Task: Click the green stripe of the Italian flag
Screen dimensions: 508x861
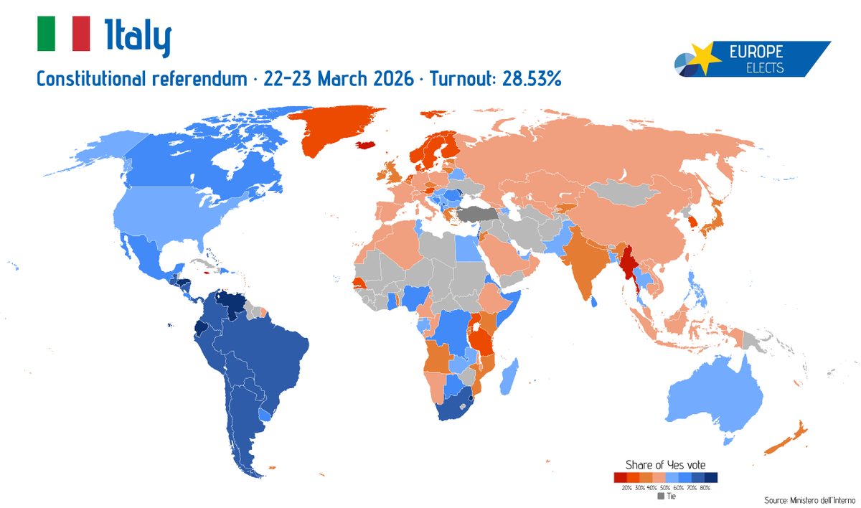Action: [46, 34]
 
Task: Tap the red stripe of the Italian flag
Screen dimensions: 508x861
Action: [81, 34]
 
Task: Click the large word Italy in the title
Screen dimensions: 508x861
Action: [138, 37]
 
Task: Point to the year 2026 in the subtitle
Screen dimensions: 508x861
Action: [391, 78]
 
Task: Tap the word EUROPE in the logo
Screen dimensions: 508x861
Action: [756, 52]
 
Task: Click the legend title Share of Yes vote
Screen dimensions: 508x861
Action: [665, 464]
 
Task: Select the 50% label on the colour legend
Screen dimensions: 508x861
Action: [665, 488]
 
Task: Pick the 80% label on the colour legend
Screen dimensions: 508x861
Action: [705, 488]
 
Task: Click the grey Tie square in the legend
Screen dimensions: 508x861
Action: [661, 496]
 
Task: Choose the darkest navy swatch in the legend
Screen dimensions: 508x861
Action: [711, 477]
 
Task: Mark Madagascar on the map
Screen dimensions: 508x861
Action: [509, 377]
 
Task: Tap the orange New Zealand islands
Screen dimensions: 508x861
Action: [786, 438]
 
